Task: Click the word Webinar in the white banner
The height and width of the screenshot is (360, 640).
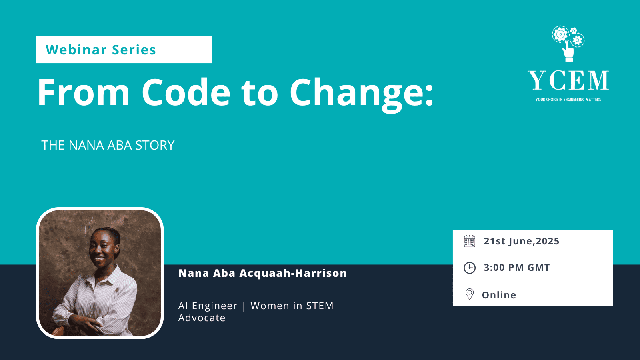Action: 76,50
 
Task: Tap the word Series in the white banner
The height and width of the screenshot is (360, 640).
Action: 134,50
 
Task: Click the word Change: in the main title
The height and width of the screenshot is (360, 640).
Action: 362,94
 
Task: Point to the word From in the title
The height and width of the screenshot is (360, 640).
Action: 84,92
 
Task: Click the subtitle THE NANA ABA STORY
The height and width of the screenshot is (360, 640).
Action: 108,145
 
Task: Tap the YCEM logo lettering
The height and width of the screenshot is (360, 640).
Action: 568,80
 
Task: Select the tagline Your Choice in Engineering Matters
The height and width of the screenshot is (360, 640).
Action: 568,100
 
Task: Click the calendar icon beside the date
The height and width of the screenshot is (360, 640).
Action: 470,241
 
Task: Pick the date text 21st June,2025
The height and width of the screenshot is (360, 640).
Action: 522,241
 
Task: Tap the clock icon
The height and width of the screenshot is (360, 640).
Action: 470,268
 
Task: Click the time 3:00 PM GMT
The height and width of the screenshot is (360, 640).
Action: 517,268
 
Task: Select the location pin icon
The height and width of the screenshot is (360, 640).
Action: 470,294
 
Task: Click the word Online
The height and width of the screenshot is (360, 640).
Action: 499,295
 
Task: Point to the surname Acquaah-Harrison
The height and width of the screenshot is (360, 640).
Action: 293,273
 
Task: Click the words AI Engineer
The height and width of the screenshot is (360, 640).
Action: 208,306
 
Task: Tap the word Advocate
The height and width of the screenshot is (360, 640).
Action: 202,318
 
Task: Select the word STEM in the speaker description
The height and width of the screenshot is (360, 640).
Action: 320,306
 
